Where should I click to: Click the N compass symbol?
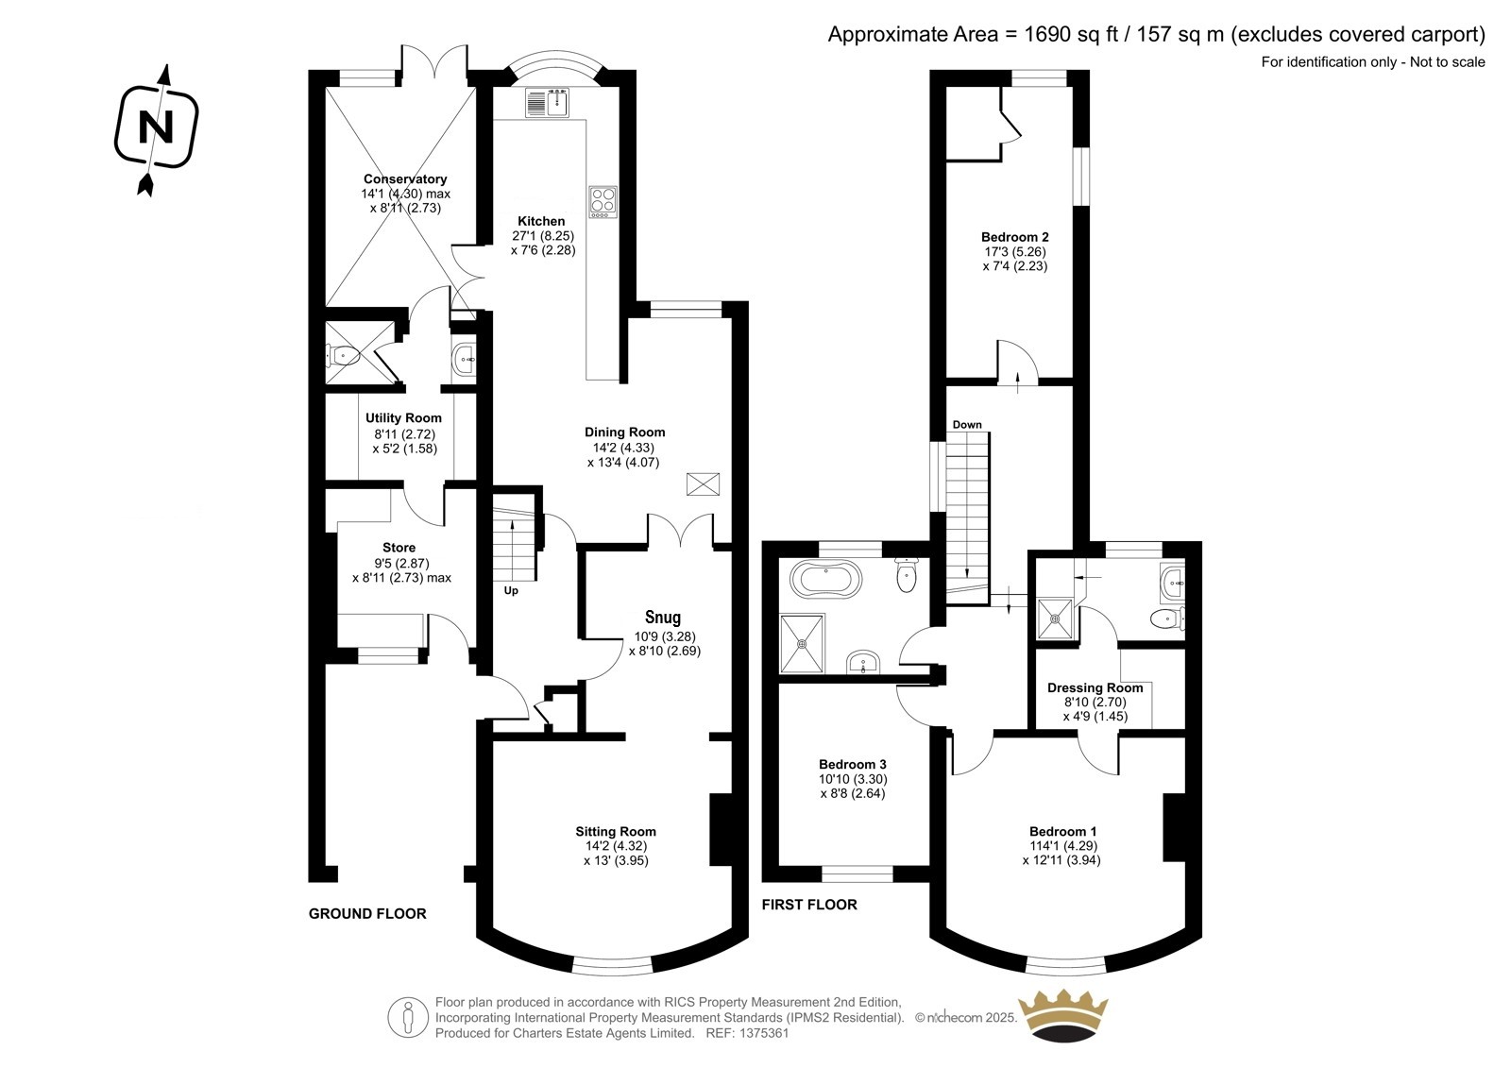pyautogui.click(x=157, y=127)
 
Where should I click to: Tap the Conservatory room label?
pyautogui.click(x=405, y=178)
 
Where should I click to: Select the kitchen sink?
pyautogui.click(x=547, y=103)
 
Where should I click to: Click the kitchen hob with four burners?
pyautogui.click(x=603, y=202)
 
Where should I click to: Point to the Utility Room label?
pyautogui.click(x=403, y=418)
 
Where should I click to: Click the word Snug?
pyautogui.click(x=662, y=618)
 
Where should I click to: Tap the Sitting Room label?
pyautogui.click(x=615, y=832)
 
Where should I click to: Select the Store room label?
pyautogui.click(x=399, y=548)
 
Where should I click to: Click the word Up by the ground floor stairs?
pyautogui.click(x=511, y=591)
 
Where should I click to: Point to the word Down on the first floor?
pyautogui.click(x=967, y=425)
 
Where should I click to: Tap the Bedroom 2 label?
pyautogui.click(x=1014, y=237)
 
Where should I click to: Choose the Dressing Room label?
pyautogui.click(x=1095, y=688)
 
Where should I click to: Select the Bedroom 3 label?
pyautogui.click(x=853, y=764)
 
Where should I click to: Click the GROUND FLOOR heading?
pyautogui.click(x=367, y=914)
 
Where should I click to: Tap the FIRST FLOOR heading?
pyautogui.click(x=809, y=905)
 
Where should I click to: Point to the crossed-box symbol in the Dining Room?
pyautogui.click(x=703, y=484)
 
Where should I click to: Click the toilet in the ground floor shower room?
pyautogui.click(x=343, y=355)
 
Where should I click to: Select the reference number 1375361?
pyautogui.click(x=764, y=1033)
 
